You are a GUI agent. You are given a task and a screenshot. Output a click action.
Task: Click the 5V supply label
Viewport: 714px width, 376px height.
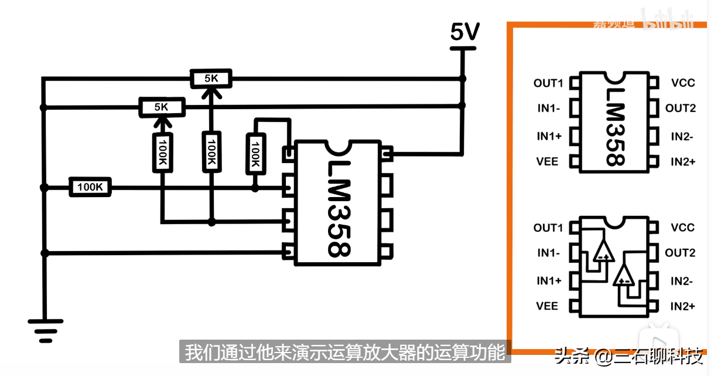coord(464,32)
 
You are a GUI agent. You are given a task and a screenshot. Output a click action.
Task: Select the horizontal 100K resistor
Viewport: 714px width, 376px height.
coord(90,188)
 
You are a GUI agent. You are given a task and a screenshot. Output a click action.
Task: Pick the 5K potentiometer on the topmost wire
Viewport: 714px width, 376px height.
coord(211,77)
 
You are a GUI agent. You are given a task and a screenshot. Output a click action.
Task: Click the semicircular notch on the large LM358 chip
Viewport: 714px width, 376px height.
coord(338,146)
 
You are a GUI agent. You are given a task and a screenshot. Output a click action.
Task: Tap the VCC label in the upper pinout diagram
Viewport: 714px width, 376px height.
coord(682,83)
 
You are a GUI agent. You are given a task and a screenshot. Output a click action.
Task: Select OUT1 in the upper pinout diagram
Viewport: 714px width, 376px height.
coord(548,83)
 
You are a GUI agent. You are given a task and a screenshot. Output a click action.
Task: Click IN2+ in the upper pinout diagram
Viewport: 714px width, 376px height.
coord(682,161)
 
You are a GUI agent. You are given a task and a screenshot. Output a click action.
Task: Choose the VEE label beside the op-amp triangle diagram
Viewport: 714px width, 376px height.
coord(548,306)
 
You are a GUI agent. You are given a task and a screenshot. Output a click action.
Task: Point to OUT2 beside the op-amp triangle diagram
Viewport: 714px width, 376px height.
coord(680,253)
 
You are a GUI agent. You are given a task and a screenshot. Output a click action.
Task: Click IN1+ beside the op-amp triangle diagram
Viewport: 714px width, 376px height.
coord(549,281)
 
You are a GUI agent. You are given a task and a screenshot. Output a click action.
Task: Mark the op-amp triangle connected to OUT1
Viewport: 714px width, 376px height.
coord(603,250)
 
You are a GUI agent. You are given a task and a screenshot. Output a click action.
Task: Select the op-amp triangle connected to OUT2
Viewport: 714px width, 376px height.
coord(624,275)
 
